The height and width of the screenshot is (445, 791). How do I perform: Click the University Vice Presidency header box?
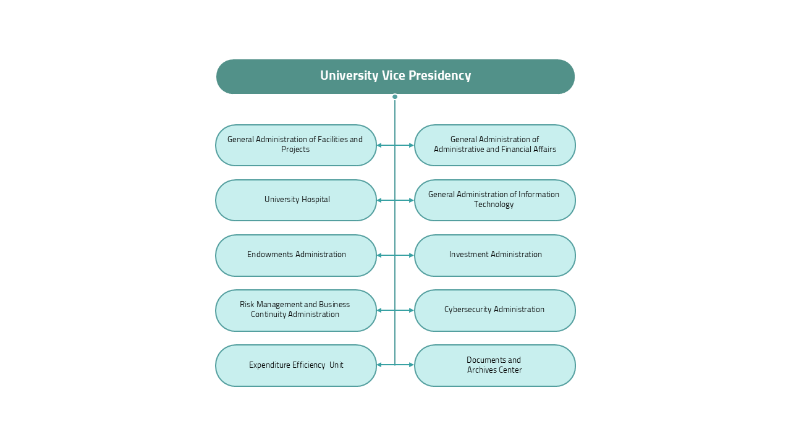[x=395, y=77]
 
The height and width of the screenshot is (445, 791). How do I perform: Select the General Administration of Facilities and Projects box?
[x=296, y=145]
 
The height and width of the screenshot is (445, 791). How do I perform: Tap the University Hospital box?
[x=296, y=200]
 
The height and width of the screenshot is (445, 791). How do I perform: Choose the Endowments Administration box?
[x=296, y=255]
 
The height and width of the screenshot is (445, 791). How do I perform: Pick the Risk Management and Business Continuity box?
[x=296, y=310]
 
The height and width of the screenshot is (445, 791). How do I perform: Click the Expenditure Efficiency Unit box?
[x=296, y=365]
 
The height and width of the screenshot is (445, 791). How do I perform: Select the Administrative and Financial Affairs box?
[x=495, y=145]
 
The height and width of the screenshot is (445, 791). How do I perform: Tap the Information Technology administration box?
[x=495, y=200]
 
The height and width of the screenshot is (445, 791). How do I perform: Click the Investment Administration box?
[x=495, y=255]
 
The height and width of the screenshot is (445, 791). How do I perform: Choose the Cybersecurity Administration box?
[x=495, y=310]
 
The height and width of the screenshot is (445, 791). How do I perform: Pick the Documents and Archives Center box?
[x=495, y=365]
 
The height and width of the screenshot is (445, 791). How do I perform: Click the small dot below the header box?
[x=395, y=96]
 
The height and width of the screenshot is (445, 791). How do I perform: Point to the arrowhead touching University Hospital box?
[x=379, y=200]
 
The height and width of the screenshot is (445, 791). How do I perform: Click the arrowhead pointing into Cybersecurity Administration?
[x=411, y=310]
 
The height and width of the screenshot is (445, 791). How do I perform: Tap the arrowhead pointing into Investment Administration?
[x=411, y=255]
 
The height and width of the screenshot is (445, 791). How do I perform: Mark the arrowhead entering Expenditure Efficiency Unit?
[x=379, y=365]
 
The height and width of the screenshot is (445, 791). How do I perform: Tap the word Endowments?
[x=270, y=255]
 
